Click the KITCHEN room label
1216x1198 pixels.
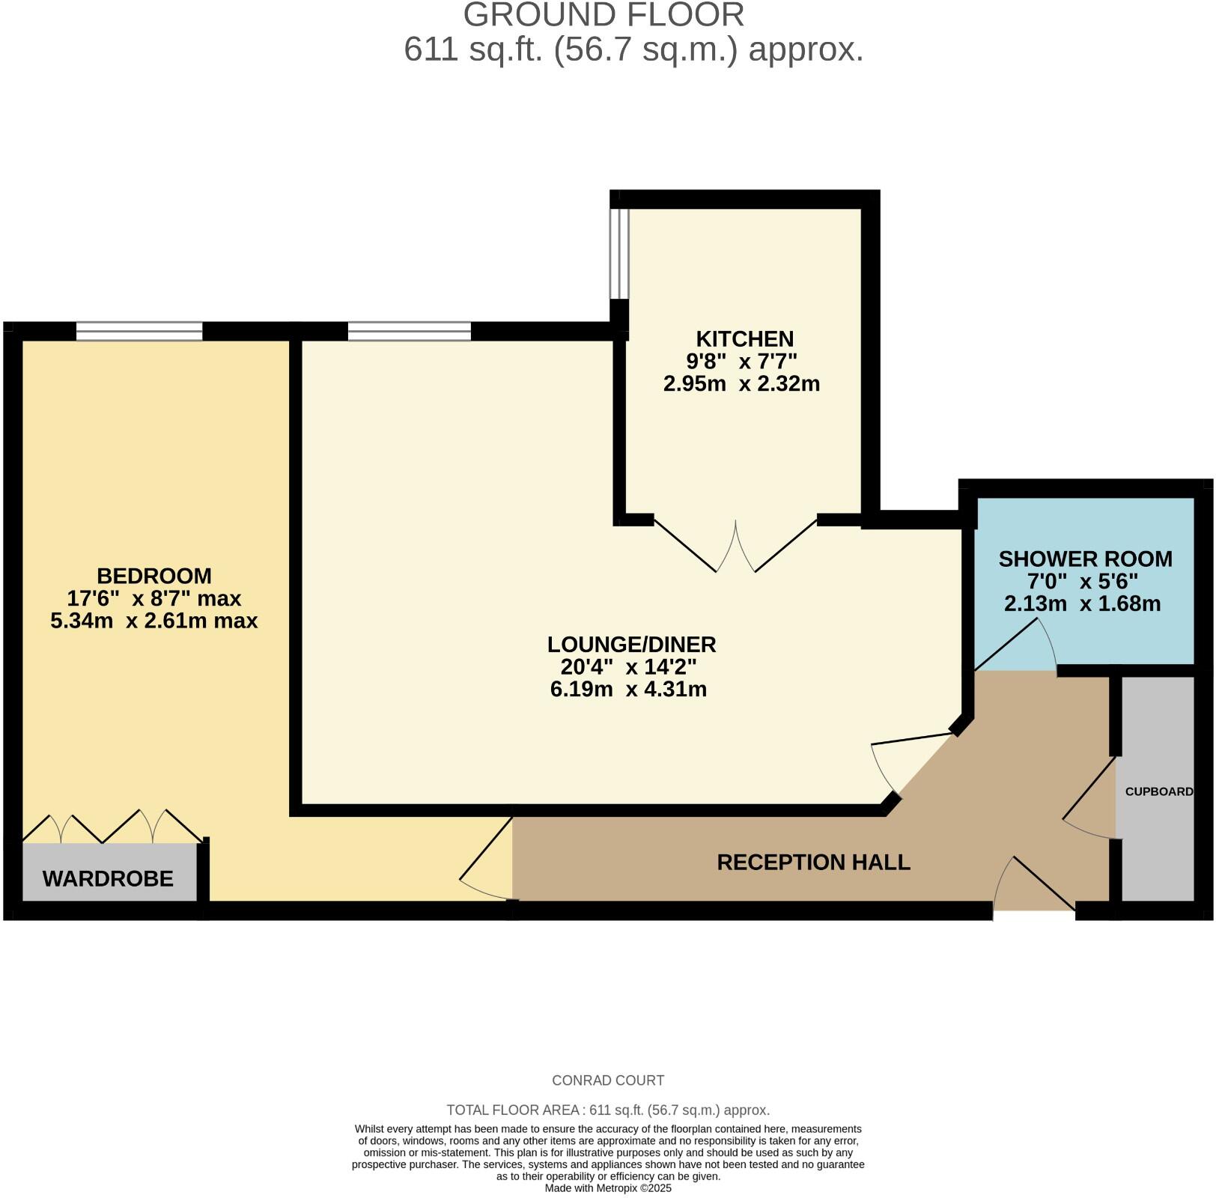[744, 338]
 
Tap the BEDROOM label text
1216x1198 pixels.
[153, 576]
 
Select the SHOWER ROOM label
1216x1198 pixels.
[1085, 559]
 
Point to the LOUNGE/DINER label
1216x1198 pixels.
[631, 644]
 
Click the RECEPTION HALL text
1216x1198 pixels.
[813, 863]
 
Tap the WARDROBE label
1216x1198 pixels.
[108, 878]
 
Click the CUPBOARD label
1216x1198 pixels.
[1158, 791]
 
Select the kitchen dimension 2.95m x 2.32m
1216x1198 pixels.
[741, 384]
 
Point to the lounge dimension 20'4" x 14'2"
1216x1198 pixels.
[628, 666]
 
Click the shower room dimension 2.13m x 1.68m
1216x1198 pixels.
[1082, 603]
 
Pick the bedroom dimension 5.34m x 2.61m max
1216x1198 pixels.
[153, 621]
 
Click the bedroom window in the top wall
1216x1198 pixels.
[139, 331]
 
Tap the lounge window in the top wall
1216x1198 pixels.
[410, 331]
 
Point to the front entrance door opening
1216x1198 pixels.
[1033, 910]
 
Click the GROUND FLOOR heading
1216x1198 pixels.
[604, 15]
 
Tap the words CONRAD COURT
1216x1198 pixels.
[607, 1080]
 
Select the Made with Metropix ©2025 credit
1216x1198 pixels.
[607, 1188]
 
